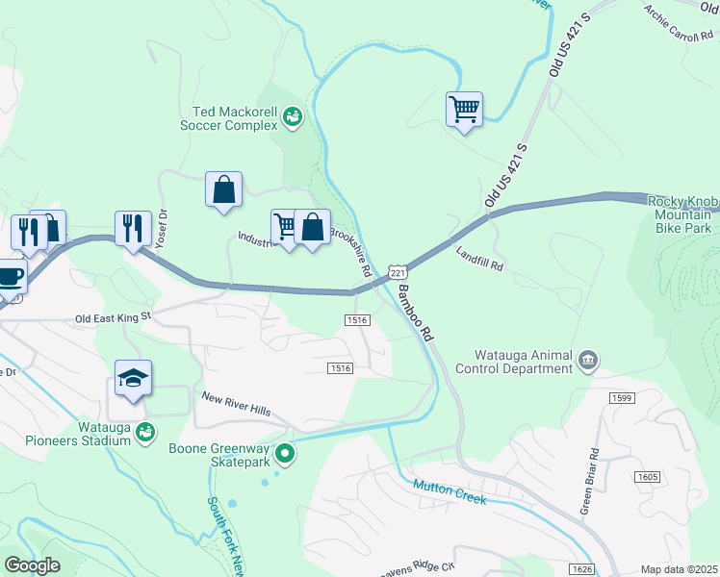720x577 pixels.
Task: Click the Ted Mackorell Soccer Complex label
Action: coord(229,118)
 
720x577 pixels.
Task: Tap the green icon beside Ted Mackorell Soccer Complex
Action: coord(293,117)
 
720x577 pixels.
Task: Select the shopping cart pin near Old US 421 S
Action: coord(464,109)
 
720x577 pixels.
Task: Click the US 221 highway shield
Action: coord(395,272)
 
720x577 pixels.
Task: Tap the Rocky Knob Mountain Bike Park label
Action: coord(682,215)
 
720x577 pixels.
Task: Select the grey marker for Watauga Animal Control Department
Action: coord(588,362)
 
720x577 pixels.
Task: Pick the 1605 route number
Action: coord(647,477)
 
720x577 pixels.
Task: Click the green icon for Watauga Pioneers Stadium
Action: coord(145,433)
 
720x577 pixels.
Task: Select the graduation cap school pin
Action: coord(133,379)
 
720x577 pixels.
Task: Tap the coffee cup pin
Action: coord(10,276)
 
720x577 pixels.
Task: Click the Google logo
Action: coord(32,565)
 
